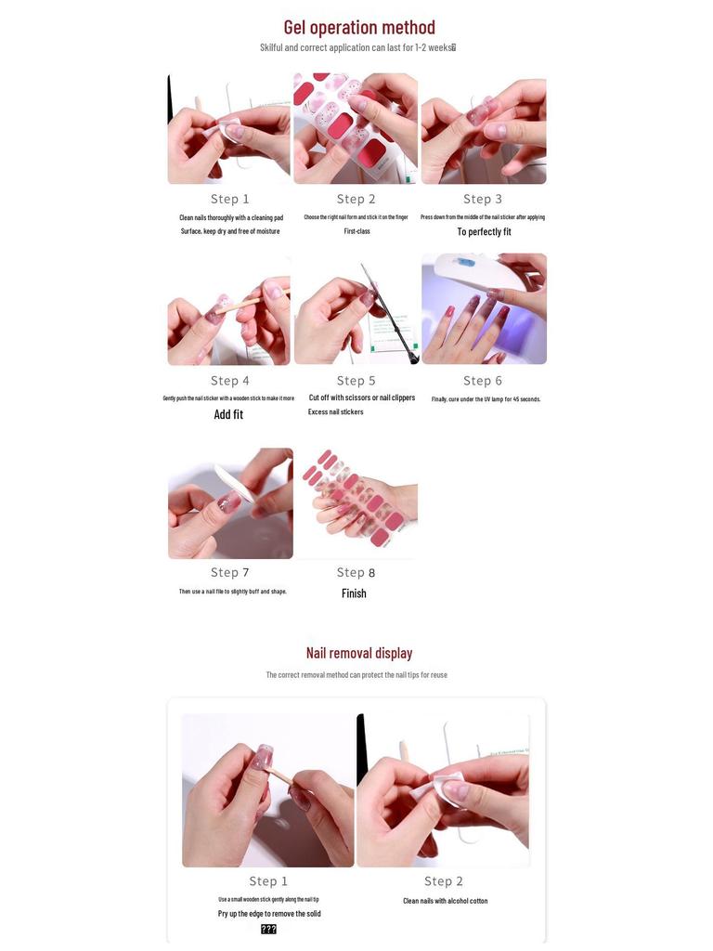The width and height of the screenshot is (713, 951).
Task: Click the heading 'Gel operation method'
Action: [x=358, y=27]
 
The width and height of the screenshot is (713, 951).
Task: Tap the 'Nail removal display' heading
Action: [x=358, y=653]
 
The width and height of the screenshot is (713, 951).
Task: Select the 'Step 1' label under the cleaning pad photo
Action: [x=229, y=199]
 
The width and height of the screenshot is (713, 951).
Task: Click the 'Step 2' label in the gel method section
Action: [x=356, y=199]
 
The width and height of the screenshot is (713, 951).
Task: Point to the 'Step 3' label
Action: [x=483, y=199]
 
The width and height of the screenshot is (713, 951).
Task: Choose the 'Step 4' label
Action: [x=229, y=381]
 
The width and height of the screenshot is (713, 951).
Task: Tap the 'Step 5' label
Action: [x=356, y=381]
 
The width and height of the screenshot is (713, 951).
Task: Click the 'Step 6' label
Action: [x=483, y=381]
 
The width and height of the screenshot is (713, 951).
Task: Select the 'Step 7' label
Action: [x=229, y=572]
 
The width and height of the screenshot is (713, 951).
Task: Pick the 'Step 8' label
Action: [x=356, y=572]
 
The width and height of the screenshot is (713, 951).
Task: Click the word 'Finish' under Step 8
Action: [x=354, y=593]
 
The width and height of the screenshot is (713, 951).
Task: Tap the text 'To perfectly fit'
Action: [x=484, y=232]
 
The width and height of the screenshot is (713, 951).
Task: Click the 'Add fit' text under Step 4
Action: [x=228, y=414]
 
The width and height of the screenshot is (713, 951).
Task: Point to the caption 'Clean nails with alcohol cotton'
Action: [x=445, y=901]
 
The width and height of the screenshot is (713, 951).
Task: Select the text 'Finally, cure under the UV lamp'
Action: [x=486, y=399]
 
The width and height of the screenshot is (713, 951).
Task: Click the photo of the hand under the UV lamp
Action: [x=484, y=309]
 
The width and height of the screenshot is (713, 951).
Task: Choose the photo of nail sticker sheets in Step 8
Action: [x=356, y=502]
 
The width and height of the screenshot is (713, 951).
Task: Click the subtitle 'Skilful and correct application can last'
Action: [x=357, y=47]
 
